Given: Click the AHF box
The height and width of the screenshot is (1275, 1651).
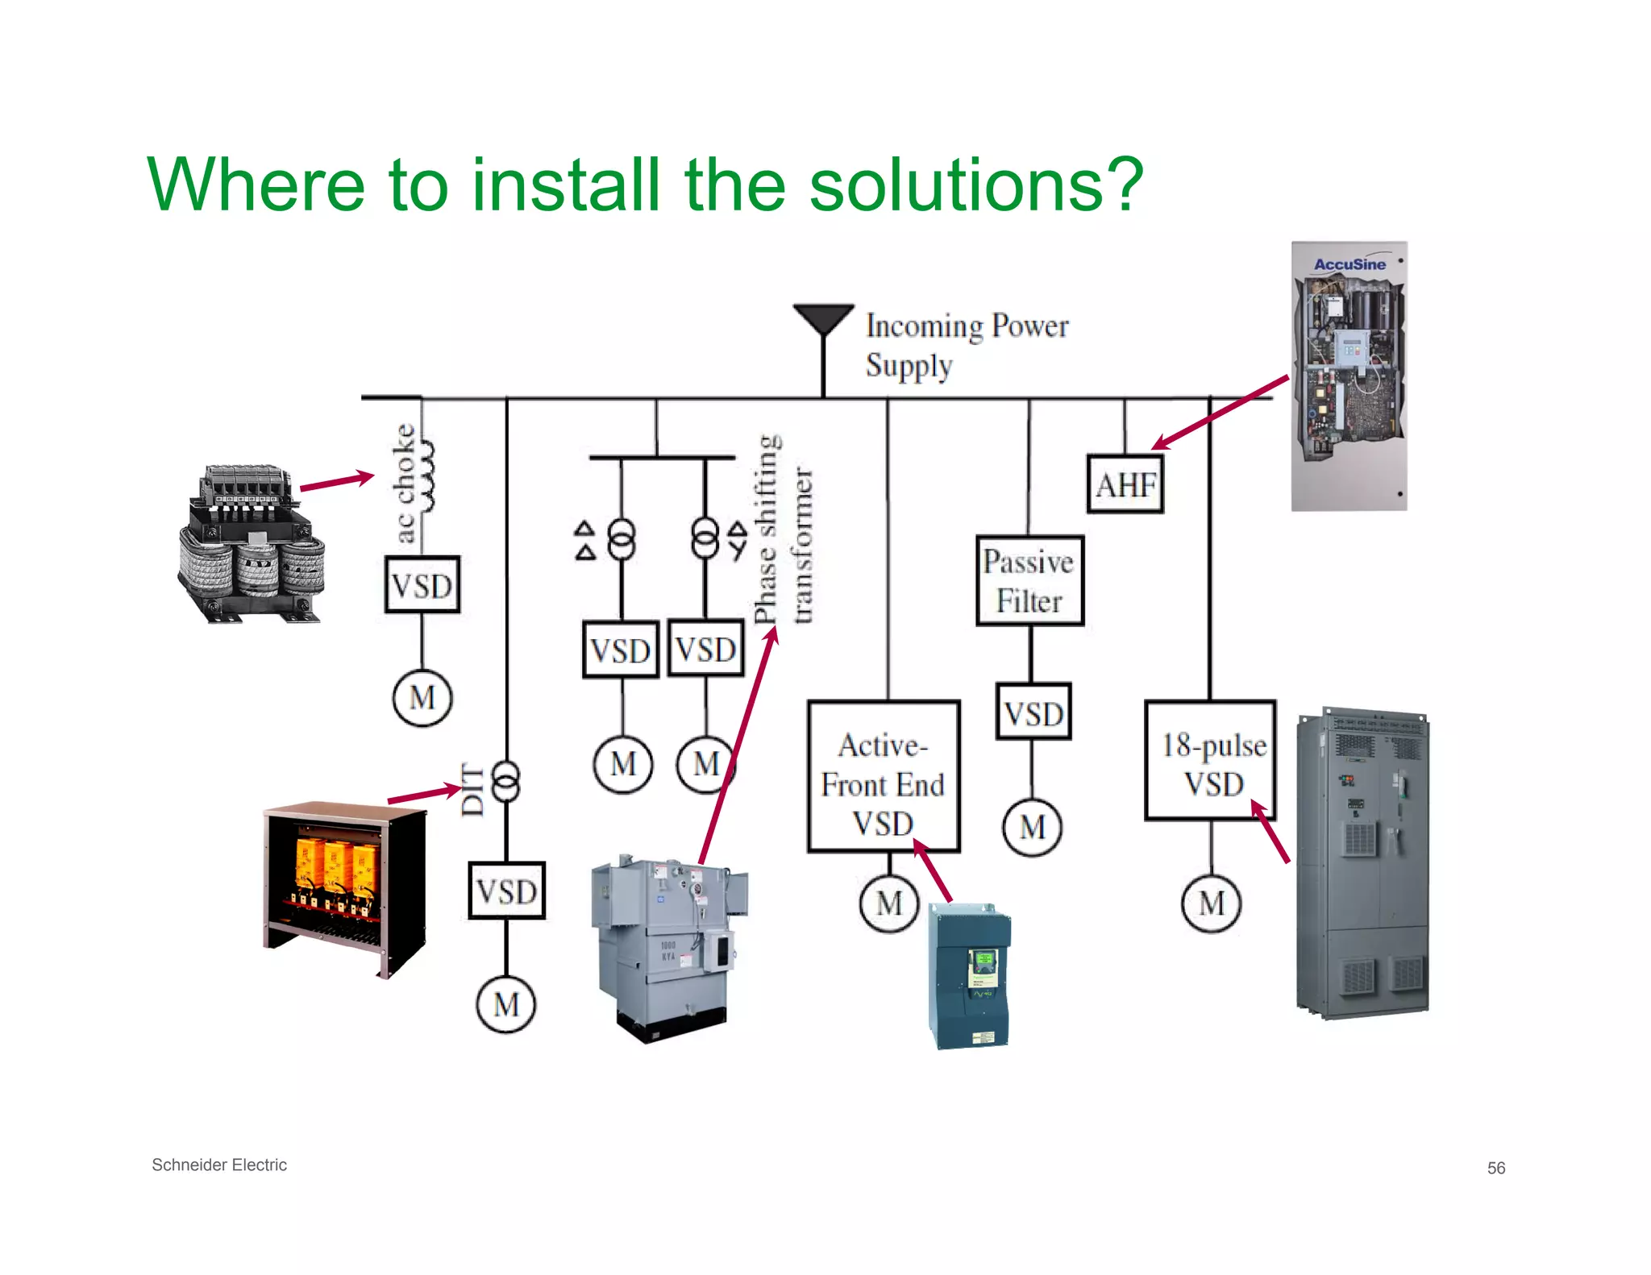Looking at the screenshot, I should pos(1125,484).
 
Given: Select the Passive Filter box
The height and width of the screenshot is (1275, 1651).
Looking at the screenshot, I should pos(1029,581).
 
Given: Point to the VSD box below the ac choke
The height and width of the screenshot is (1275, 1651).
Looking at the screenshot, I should pos(422,585).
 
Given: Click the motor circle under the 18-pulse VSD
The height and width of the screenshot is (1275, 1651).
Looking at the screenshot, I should pos(1211,903).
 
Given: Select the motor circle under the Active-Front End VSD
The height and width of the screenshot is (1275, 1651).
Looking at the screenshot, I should pos(888,903).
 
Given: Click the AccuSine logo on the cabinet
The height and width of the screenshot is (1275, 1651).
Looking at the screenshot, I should pos(1349,264).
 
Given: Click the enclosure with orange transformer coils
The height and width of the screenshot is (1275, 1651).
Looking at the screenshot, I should pos(345,887).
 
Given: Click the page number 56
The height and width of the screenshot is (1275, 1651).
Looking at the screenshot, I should pos(1495,1168).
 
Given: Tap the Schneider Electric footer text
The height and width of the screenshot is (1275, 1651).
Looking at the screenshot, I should pos(219,1165).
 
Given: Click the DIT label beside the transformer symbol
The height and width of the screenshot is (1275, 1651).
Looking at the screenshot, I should pos(473,789).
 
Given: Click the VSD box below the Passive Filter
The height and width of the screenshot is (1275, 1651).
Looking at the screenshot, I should pos(1033,712).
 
